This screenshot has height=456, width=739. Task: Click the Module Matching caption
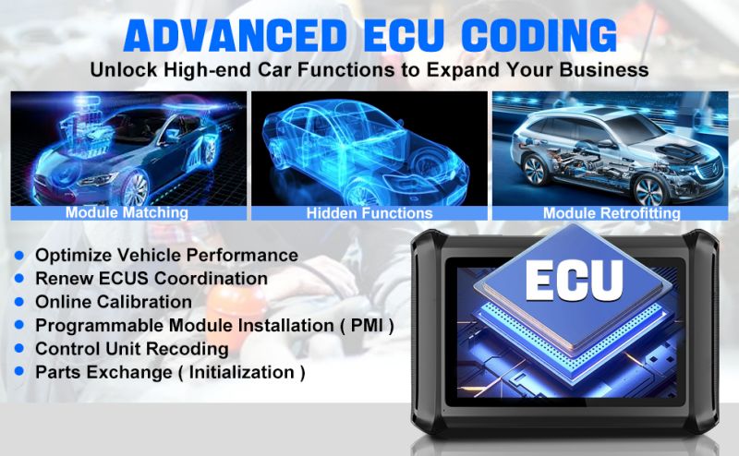pos(127,212)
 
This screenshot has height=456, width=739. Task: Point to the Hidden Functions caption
pos(369,212)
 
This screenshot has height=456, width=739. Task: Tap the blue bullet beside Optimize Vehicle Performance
pos(18,255)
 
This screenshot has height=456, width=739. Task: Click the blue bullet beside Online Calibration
pos(18,302)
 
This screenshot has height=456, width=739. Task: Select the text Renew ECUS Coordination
pos(151,278)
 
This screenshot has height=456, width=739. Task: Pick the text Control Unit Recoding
pos(131,350)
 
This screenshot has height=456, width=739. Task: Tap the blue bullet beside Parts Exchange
pos(18,374)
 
